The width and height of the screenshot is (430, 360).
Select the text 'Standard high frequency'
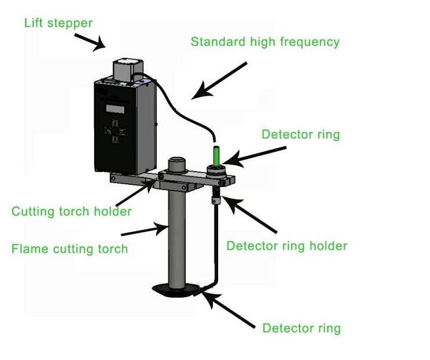coord(265,42)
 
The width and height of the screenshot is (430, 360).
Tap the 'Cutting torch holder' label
coord(71,210)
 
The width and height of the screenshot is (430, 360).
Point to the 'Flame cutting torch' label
coord(70,249)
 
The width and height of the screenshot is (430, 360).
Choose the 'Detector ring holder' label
coord(287,246)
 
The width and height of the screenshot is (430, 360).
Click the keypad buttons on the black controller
coord(116,132)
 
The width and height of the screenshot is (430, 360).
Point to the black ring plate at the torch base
coord(177,290)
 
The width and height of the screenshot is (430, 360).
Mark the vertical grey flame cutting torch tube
coord(176,238)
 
